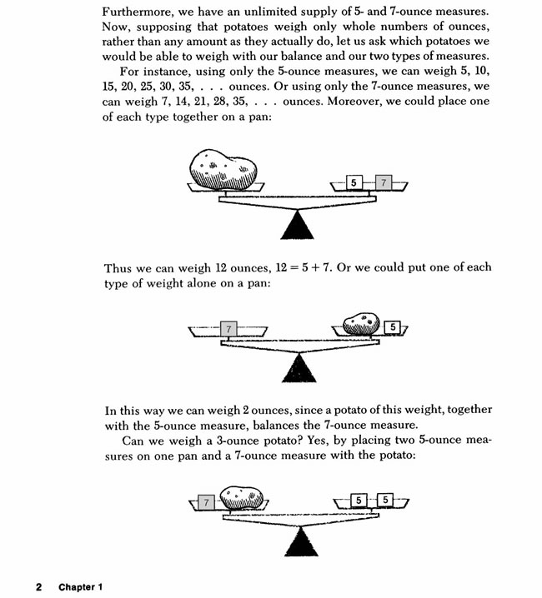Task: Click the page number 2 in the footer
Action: [x=38, y=586]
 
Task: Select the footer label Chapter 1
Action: [x=80, y=586]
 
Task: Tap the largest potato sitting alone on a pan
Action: [x=223, y=169]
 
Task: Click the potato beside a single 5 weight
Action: [x=361, y=323]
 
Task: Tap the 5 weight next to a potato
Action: [x=394, y=327]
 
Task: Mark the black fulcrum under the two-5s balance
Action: [x=301, y=540]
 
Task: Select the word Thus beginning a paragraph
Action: [x=118, y=267]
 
